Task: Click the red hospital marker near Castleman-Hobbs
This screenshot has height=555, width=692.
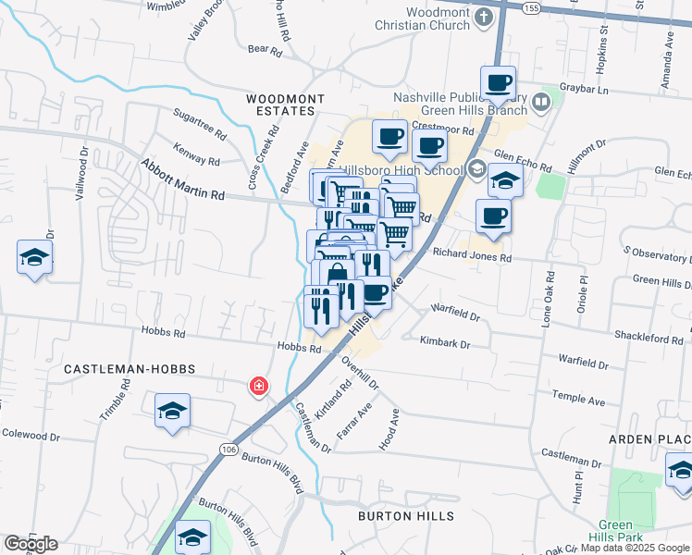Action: click(x=259, y=387)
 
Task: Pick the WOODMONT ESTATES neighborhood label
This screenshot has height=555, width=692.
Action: click(x=280, y=104)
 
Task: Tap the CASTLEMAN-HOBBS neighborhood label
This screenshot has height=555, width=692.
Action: click(x=130, y=368)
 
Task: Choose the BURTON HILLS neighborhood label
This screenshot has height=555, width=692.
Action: click(x=407, y=515)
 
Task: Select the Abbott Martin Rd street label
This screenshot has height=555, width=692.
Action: click(x=182, y=180)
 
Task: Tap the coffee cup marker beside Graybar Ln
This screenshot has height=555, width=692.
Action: click(x=498, y=82)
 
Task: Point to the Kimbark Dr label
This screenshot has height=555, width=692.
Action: click(x=445, y=342)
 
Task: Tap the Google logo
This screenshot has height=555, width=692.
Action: click(x=31, y=544)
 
